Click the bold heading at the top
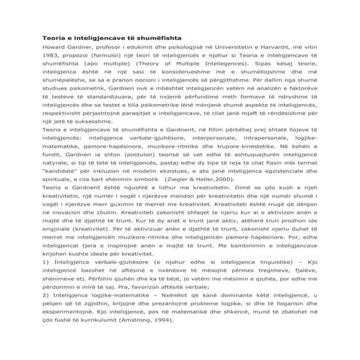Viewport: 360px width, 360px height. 112,35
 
